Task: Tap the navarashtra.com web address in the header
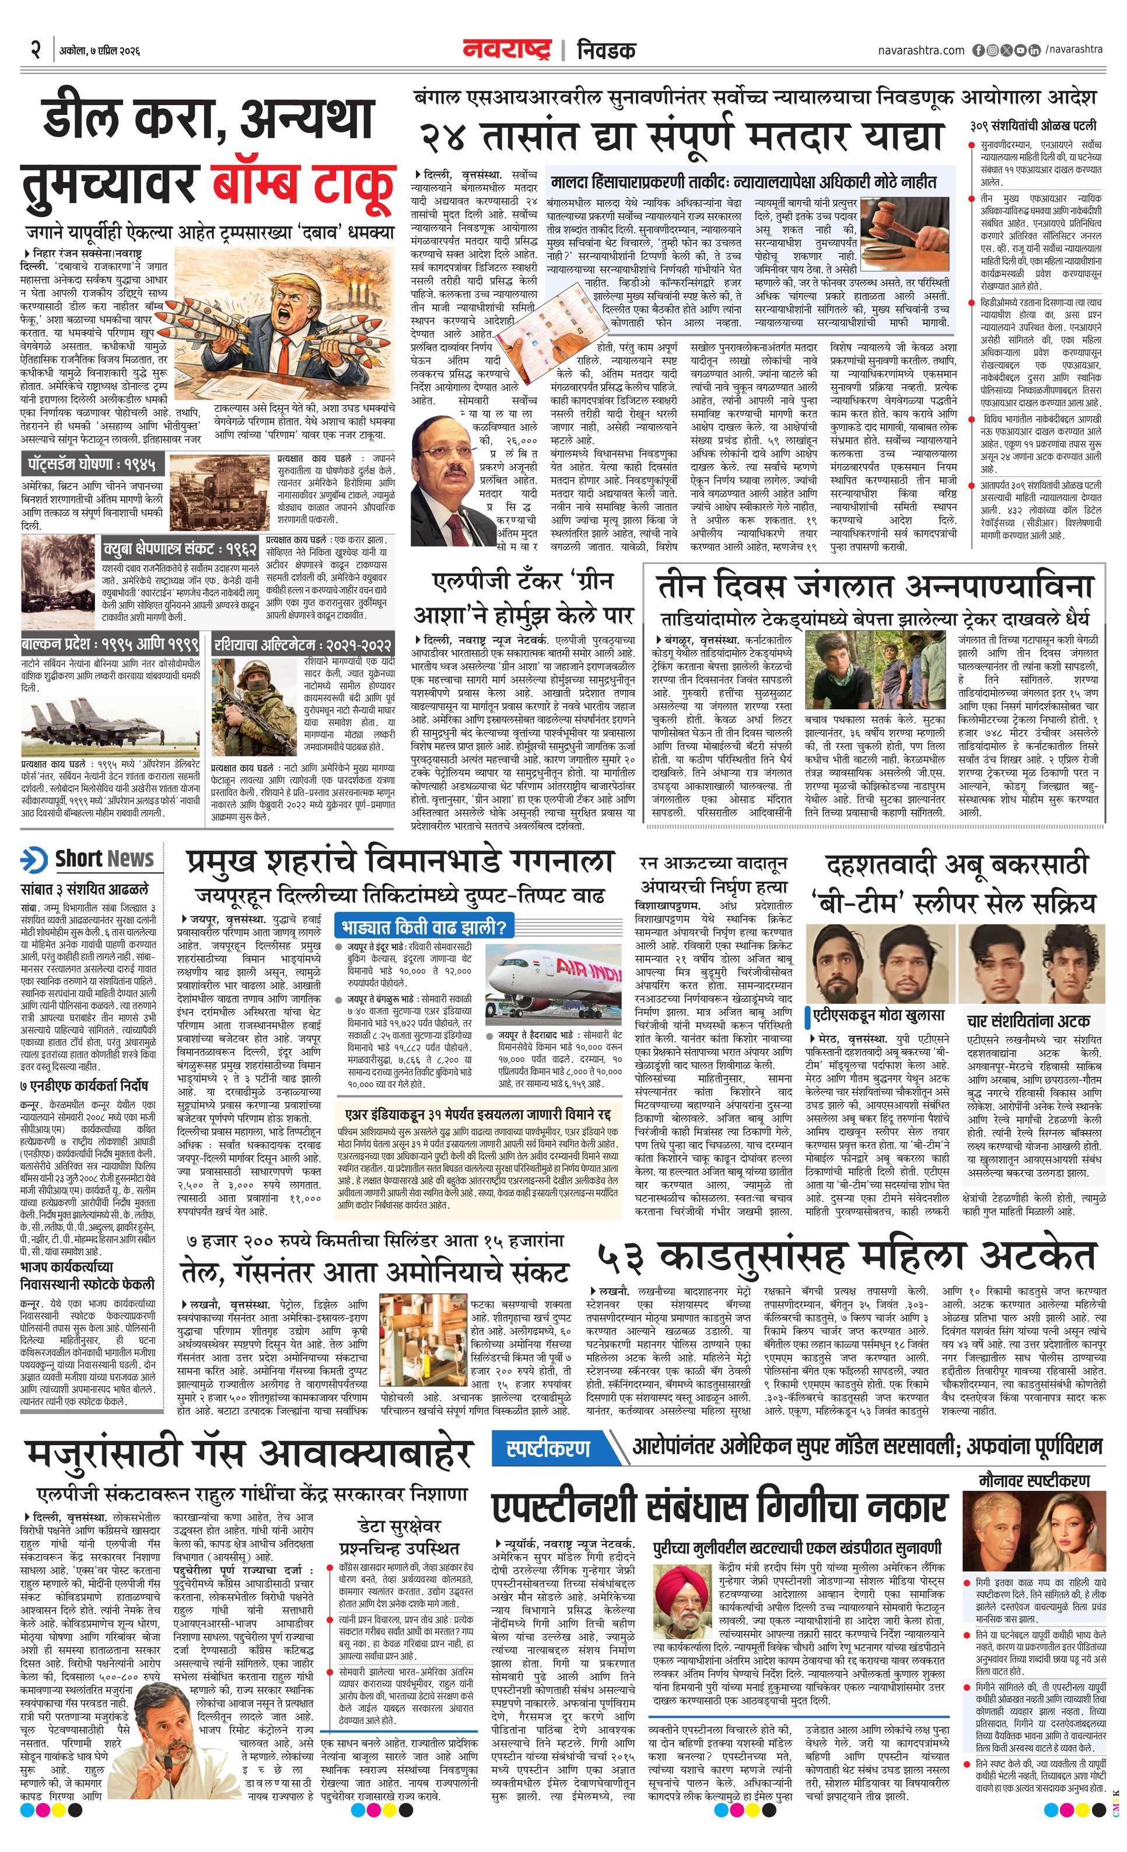point(921,50)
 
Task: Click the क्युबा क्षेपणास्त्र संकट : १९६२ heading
point(180,548)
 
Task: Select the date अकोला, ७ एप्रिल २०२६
point(100,52)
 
